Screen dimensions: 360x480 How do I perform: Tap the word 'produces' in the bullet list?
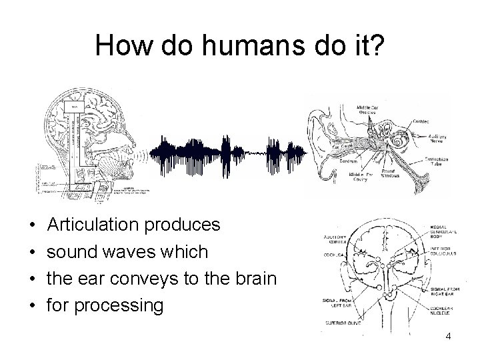(x=190, y=225)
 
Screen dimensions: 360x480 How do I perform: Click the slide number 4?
(x=448, y=337)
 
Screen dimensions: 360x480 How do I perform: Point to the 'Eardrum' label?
(x=347, y=163)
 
